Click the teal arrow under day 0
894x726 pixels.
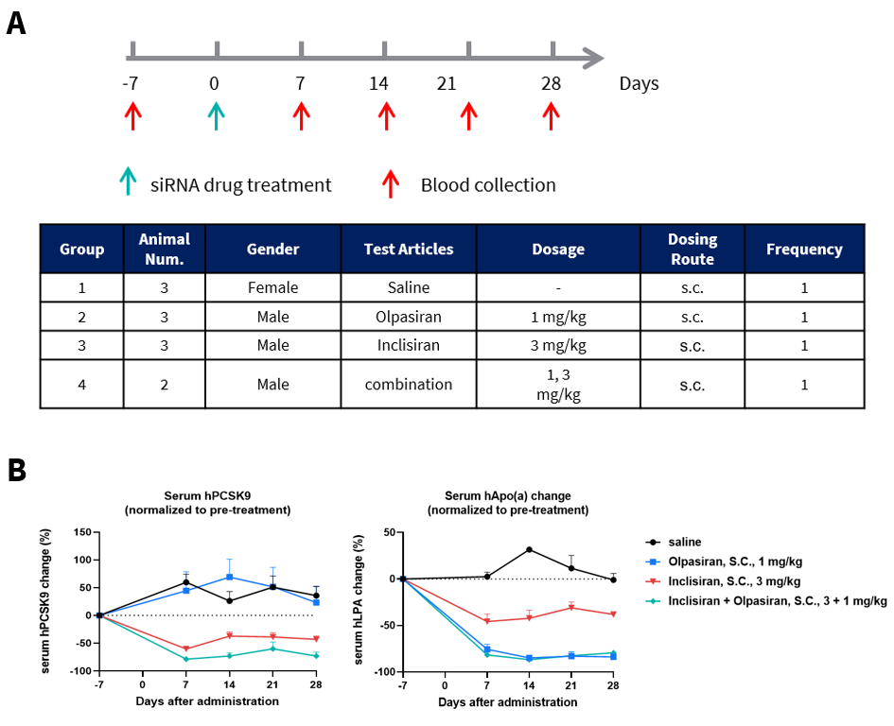click(x=217, y=115)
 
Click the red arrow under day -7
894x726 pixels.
click(x=132, y=115)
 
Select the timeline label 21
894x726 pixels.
click(x=447, y=84)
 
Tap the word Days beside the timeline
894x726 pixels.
click(x=639, y=84)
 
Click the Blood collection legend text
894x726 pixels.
click(x=488, y=185)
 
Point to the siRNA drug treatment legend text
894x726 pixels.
click(x=240, y=185)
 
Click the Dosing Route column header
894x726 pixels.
click(x=692, y=250)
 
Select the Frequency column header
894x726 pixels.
click(x=804, y=250)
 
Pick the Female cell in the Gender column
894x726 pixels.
click(x=272, y=287)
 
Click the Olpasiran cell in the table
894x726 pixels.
click(x=408, y=317)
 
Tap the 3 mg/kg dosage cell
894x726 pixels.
click(x=558, y=345)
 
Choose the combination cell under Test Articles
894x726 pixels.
click(x=408, y=385)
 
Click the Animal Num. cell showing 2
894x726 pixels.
click(x=165, y=385)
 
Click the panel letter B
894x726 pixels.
click(x=17, y=470)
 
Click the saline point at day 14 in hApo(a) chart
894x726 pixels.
click(x=529, y=549)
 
